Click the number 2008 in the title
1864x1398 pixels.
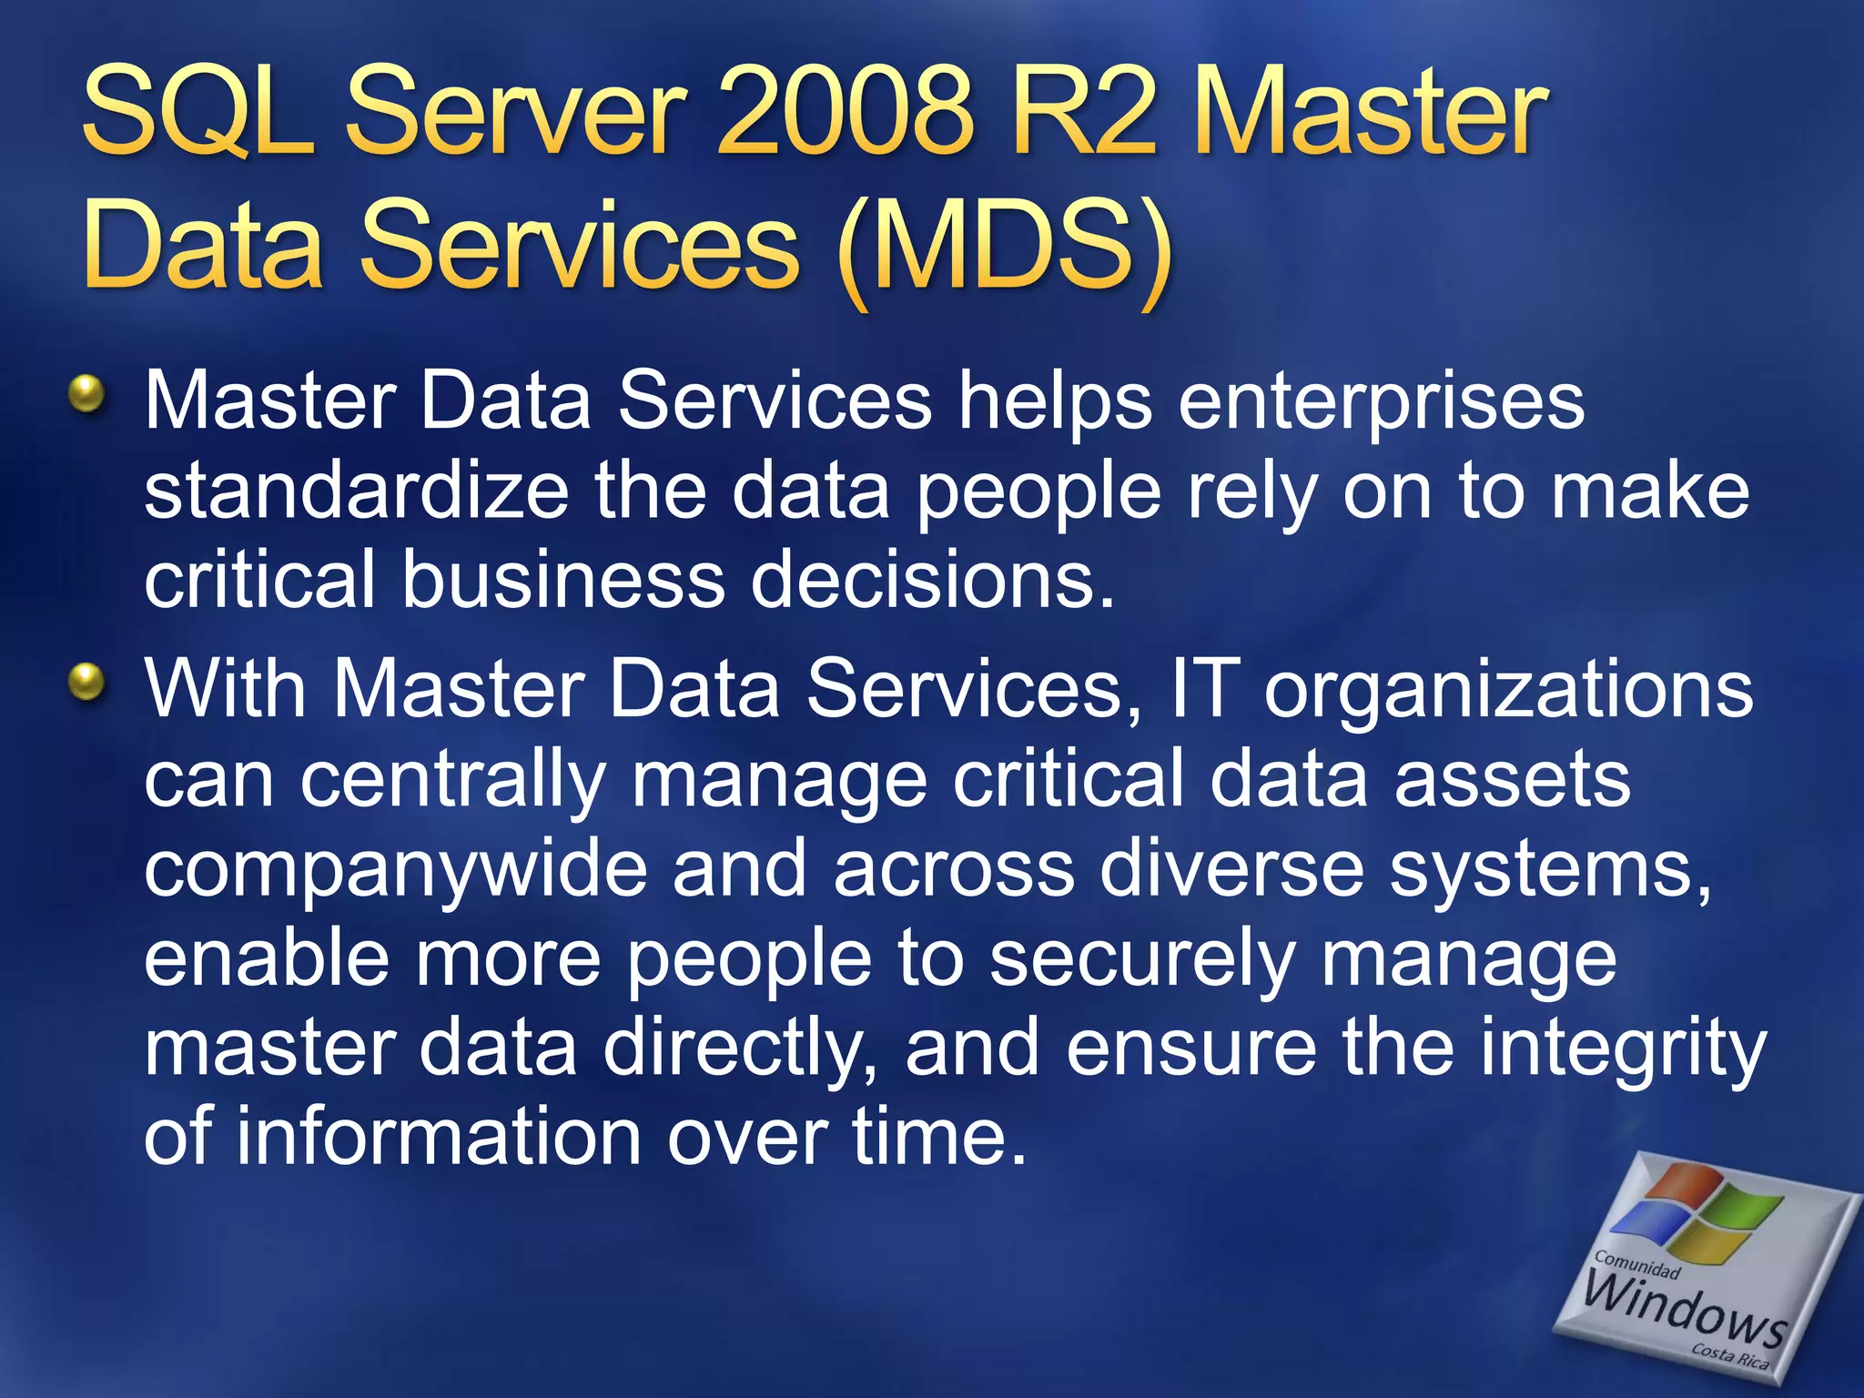(x=846, y=114)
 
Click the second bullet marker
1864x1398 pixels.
(x=86, y=682)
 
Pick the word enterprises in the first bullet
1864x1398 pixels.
(x=1381, y=401)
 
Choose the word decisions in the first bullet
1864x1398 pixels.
(x=932, y=580)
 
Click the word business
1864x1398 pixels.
(x=563, y=580)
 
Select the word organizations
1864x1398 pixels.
(x=1508, y=689)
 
